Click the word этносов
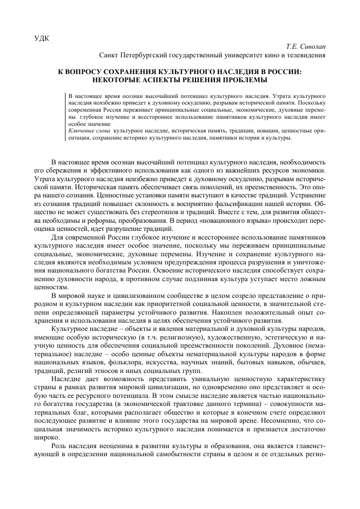click(x=111, y=368)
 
